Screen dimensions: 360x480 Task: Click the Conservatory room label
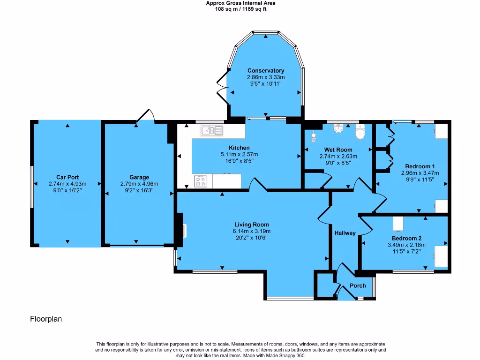[x=266, y=71]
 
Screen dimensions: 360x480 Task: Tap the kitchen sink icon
[x=212, y=130]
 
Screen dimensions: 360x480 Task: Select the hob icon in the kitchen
[x=201, y=181]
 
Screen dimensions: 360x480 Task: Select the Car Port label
[x=67, y=177]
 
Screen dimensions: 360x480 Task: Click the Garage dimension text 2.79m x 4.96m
[x=139, y=184]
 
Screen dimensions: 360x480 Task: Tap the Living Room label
[x=251, y=225]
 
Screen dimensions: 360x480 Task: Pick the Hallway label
[x=345, y=233]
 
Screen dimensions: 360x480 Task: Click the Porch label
[x=358, y=286]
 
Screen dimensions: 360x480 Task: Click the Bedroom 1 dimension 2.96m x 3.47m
[x=420, y=173]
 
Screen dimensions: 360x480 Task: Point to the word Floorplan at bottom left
[x=46, y=319]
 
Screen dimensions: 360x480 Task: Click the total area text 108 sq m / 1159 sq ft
[x=240, y=9]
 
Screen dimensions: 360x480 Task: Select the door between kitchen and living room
[x=258, y=185]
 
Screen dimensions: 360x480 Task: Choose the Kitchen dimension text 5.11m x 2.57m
[x=239, y=154]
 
